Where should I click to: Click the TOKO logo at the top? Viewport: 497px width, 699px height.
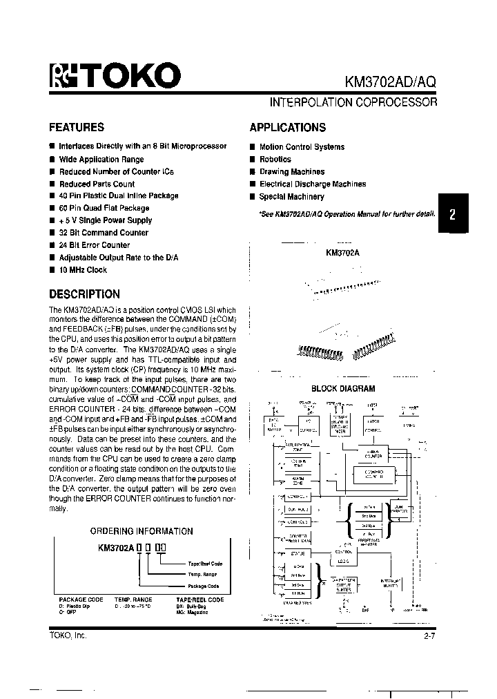coord(115,76)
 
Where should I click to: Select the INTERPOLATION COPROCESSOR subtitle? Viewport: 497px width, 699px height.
coord(353,102)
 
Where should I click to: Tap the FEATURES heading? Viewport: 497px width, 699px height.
coord(77,127)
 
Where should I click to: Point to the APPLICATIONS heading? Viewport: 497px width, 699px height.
coord(287,127)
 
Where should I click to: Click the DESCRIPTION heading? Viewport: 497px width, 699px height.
coord(84,294)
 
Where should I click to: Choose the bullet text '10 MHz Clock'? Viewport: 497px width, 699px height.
coord(83,270)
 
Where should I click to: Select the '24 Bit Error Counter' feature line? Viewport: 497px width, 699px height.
coord(94,245)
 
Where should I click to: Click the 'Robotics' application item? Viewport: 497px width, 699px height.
coord(275,160)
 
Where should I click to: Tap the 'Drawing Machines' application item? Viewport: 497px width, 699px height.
coord(291,172)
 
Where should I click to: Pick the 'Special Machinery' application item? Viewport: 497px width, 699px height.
coord(291,197)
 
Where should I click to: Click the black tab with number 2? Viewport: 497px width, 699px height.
coord(452,214)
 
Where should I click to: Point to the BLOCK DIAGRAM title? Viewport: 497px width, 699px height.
coord(343,389)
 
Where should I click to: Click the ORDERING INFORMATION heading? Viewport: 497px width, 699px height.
coord(142,531)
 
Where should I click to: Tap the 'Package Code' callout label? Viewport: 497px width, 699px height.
coord(202,586)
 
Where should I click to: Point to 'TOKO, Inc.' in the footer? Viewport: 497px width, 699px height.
coord(68,635)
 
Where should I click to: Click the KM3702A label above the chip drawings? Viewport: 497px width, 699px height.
coord(342,253)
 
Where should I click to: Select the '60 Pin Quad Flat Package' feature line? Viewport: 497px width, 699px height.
coord(104,208)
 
